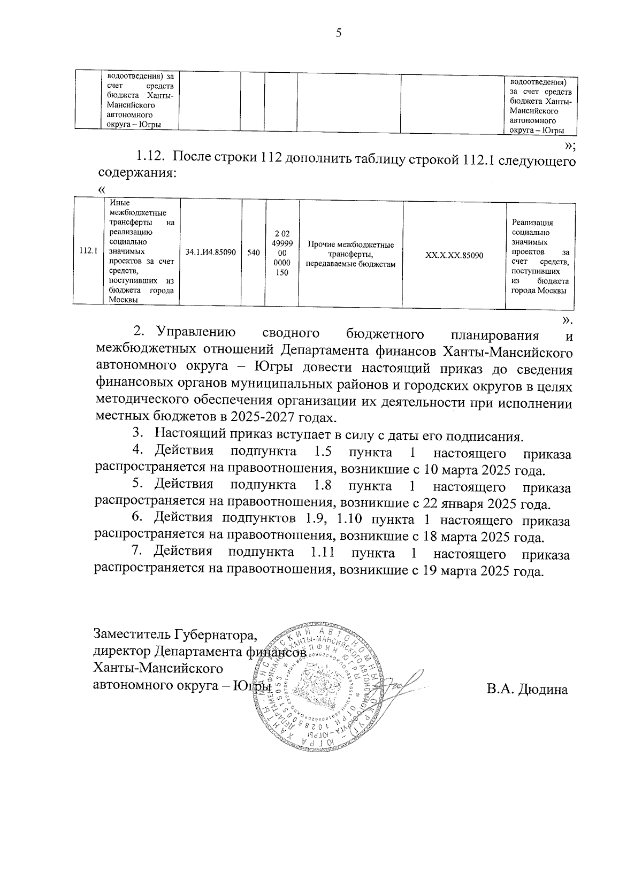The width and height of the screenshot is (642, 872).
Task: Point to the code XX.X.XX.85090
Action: (x=454, y=256)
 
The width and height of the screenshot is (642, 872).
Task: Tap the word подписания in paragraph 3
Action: (x=482, y=436)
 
